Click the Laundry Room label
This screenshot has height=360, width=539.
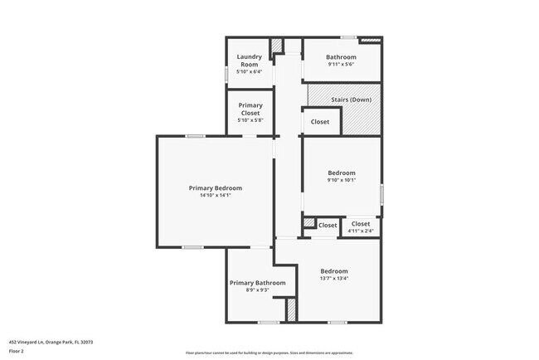249,60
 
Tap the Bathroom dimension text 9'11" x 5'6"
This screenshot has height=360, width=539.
342,65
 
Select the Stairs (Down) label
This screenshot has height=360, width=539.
351,100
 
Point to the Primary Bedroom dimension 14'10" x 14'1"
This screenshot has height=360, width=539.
216,197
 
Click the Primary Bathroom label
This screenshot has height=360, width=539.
257,283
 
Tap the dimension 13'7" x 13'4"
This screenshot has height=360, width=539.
334,280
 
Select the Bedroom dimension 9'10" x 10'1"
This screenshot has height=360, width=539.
341,181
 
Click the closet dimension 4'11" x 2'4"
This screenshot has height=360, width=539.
361,231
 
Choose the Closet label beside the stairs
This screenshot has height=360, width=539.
320,122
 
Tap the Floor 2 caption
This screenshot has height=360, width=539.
17,351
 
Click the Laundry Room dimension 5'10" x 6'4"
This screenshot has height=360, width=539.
249,71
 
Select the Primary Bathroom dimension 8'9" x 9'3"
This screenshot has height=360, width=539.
257,290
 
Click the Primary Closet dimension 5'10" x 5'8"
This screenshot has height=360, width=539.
250,121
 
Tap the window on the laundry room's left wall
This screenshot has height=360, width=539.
227,74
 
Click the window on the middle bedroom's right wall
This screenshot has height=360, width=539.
381,193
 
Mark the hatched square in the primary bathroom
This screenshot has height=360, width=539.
291,309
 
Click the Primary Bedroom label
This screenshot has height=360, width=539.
216,188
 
